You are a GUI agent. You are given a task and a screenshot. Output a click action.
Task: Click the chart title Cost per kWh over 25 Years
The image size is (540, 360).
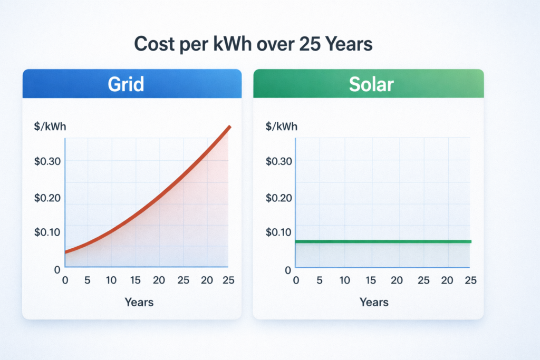[254, 44]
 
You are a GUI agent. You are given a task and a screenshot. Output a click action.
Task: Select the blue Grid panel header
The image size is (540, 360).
[132, 84]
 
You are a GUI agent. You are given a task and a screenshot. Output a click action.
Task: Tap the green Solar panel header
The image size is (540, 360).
[368, 84]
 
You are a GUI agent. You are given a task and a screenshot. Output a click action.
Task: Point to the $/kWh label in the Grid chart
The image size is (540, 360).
[50, 126]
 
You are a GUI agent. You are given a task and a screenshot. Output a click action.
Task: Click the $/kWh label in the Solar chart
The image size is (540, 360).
[282, 126]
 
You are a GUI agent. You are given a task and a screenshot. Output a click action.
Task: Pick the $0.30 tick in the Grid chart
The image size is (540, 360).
[47, 161]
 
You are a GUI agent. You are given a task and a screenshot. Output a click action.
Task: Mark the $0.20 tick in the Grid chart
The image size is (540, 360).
[47, 198]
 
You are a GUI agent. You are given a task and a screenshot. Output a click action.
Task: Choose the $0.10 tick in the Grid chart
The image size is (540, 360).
[47, 232]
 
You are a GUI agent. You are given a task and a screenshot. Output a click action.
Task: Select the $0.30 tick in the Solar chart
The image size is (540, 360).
[279, 161]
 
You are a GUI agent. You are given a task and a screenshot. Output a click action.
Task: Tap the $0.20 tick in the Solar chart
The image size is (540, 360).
[279, 198]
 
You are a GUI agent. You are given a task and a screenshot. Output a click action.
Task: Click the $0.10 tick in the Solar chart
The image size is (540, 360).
[279, 232]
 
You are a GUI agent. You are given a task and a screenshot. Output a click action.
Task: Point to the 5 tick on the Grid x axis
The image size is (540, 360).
[88, 280]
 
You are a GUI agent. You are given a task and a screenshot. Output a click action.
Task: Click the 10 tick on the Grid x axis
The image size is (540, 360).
[111, 280]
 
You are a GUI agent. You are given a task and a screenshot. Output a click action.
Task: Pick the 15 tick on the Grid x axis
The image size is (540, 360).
[136, 280]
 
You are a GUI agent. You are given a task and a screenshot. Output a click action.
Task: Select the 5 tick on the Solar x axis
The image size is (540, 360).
[320, 280]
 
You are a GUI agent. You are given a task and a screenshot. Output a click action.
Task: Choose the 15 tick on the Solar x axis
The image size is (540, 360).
[371, 280]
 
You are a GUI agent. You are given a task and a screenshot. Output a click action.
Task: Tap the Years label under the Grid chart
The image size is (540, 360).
[139, 302]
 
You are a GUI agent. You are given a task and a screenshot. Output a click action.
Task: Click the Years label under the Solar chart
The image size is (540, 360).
[374, 302]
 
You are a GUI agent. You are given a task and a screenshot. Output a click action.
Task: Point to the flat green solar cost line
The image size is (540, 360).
[383, 241]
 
